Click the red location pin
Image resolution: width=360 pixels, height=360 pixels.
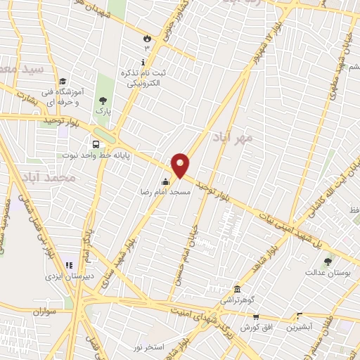pos(181,165)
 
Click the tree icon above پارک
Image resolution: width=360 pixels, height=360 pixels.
pos(104,101)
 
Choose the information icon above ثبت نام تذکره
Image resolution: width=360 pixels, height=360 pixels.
pos(143,63)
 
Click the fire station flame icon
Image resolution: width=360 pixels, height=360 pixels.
pos(147,38)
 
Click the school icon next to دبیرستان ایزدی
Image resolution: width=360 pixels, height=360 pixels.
pos(69,265)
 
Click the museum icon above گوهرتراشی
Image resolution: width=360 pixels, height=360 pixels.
pos(236,288)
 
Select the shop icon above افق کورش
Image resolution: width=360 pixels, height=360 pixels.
pos(256,317)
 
